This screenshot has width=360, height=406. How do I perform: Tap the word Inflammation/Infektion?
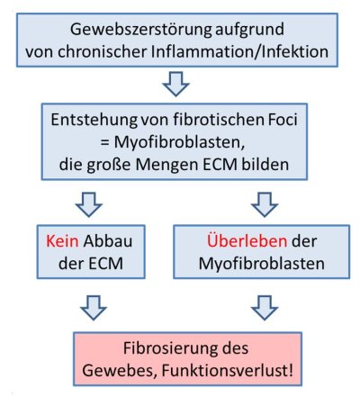pos(239,51)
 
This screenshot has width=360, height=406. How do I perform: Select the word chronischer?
pos(103,51)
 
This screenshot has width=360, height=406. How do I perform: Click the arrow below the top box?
pos(175,84)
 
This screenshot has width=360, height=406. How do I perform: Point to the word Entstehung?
pos(94,120)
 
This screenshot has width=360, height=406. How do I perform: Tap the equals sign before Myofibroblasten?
pos(104,142)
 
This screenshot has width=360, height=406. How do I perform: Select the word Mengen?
pos(167,165)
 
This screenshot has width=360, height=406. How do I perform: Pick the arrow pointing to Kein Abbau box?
pos(89,204)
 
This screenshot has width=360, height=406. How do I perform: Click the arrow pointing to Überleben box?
pos(265,204)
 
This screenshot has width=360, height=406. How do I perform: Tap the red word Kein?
pos(62,241)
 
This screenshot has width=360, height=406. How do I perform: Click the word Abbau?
pos(108,241)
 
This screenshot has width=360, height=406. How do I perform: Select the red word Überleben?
pos(247,241)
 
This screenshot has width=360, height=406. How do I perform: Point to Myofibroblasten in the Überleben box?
pos(262,264)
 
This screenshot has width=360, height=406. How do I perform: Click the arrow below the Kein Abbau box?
pos(94,308)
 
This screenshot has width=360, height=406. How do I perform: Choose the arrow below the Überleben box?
pos(265,308)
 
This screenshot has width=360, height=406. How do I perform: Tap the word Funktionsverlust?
pos(228,371)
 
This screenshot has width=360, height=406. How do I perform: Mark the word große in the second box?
pos(109,165)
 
